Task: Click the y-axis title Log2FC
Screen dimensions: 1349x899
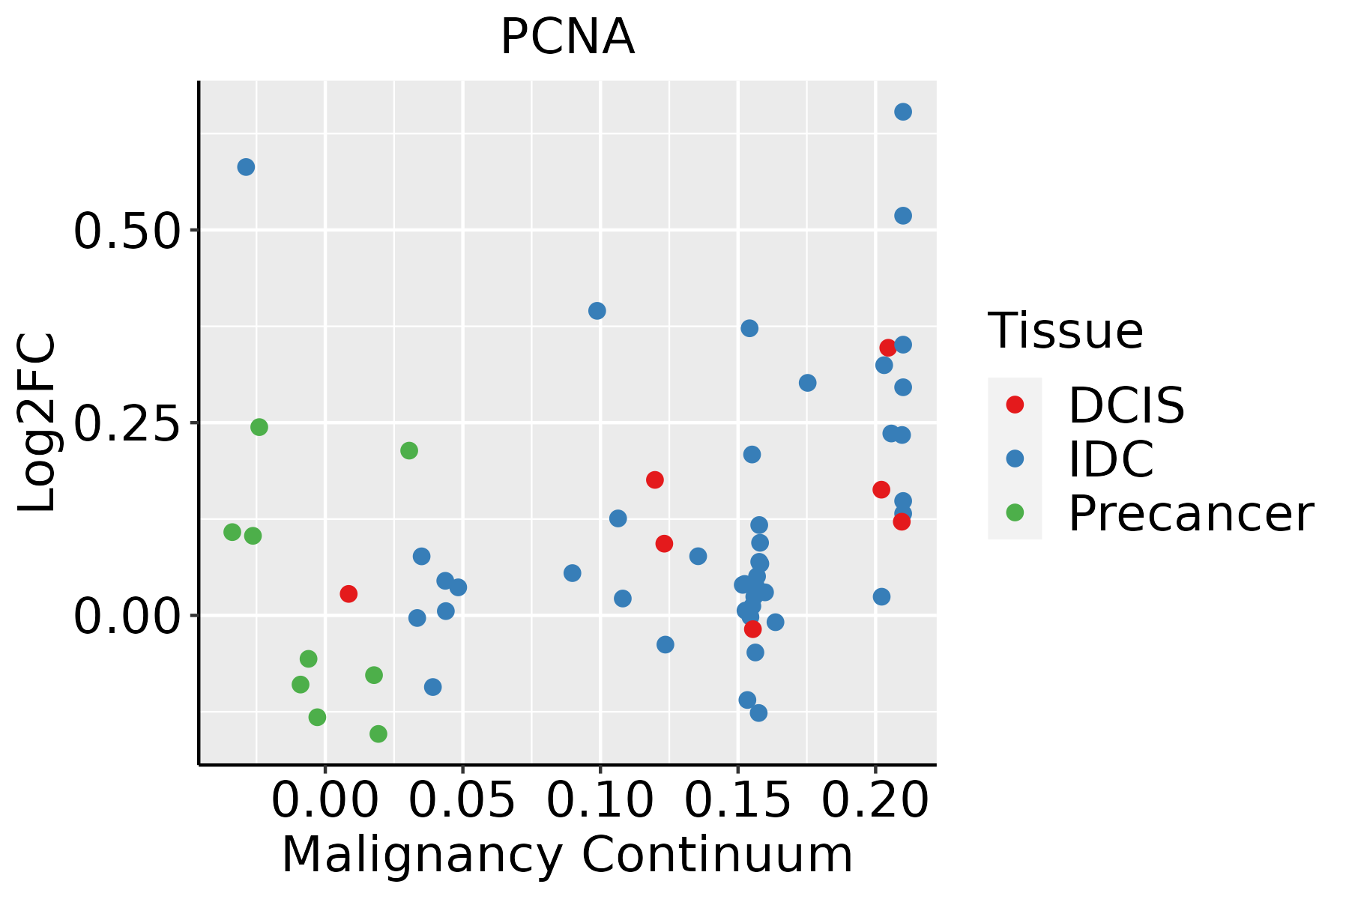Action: click(37, 423)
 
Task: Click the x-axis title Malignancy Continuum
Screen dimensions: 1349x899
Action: click(567, 856)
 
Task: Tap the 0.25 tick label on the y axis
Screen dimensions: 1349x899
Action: click(127, 423)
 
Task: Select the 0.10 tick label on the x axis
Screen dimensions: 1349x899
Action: click(600, 801)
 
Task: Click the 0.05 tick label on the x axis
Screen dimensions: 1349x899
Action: click(462, 801)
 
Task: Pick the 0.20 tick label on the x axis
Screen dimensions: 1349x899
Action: click(876, 801)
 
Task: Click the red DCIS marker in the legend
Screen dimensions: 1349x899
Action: click(1015, 405)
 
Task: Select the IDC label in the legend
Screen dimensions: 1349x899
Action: click(1111, 459)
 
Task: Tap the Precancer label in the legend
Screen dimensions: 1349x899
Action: click(1191, 514)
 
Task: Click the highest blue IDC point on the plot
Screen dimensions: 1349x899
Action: click(903, 112)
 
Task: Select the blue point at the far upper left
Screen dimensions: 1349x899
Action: click(246, 167)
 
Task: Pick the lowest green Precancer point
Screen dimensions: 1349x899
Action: click(378, 733)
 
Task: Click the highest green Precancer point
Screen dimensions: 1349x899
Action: click(259, 427)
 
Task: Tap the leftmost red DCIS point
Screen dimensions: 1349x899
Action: click(348, 593)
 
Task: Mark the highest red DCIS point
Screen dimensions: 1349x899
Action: click(888, 348)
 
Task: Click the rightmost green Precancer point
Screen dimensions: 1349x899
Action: click(409, 450)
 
